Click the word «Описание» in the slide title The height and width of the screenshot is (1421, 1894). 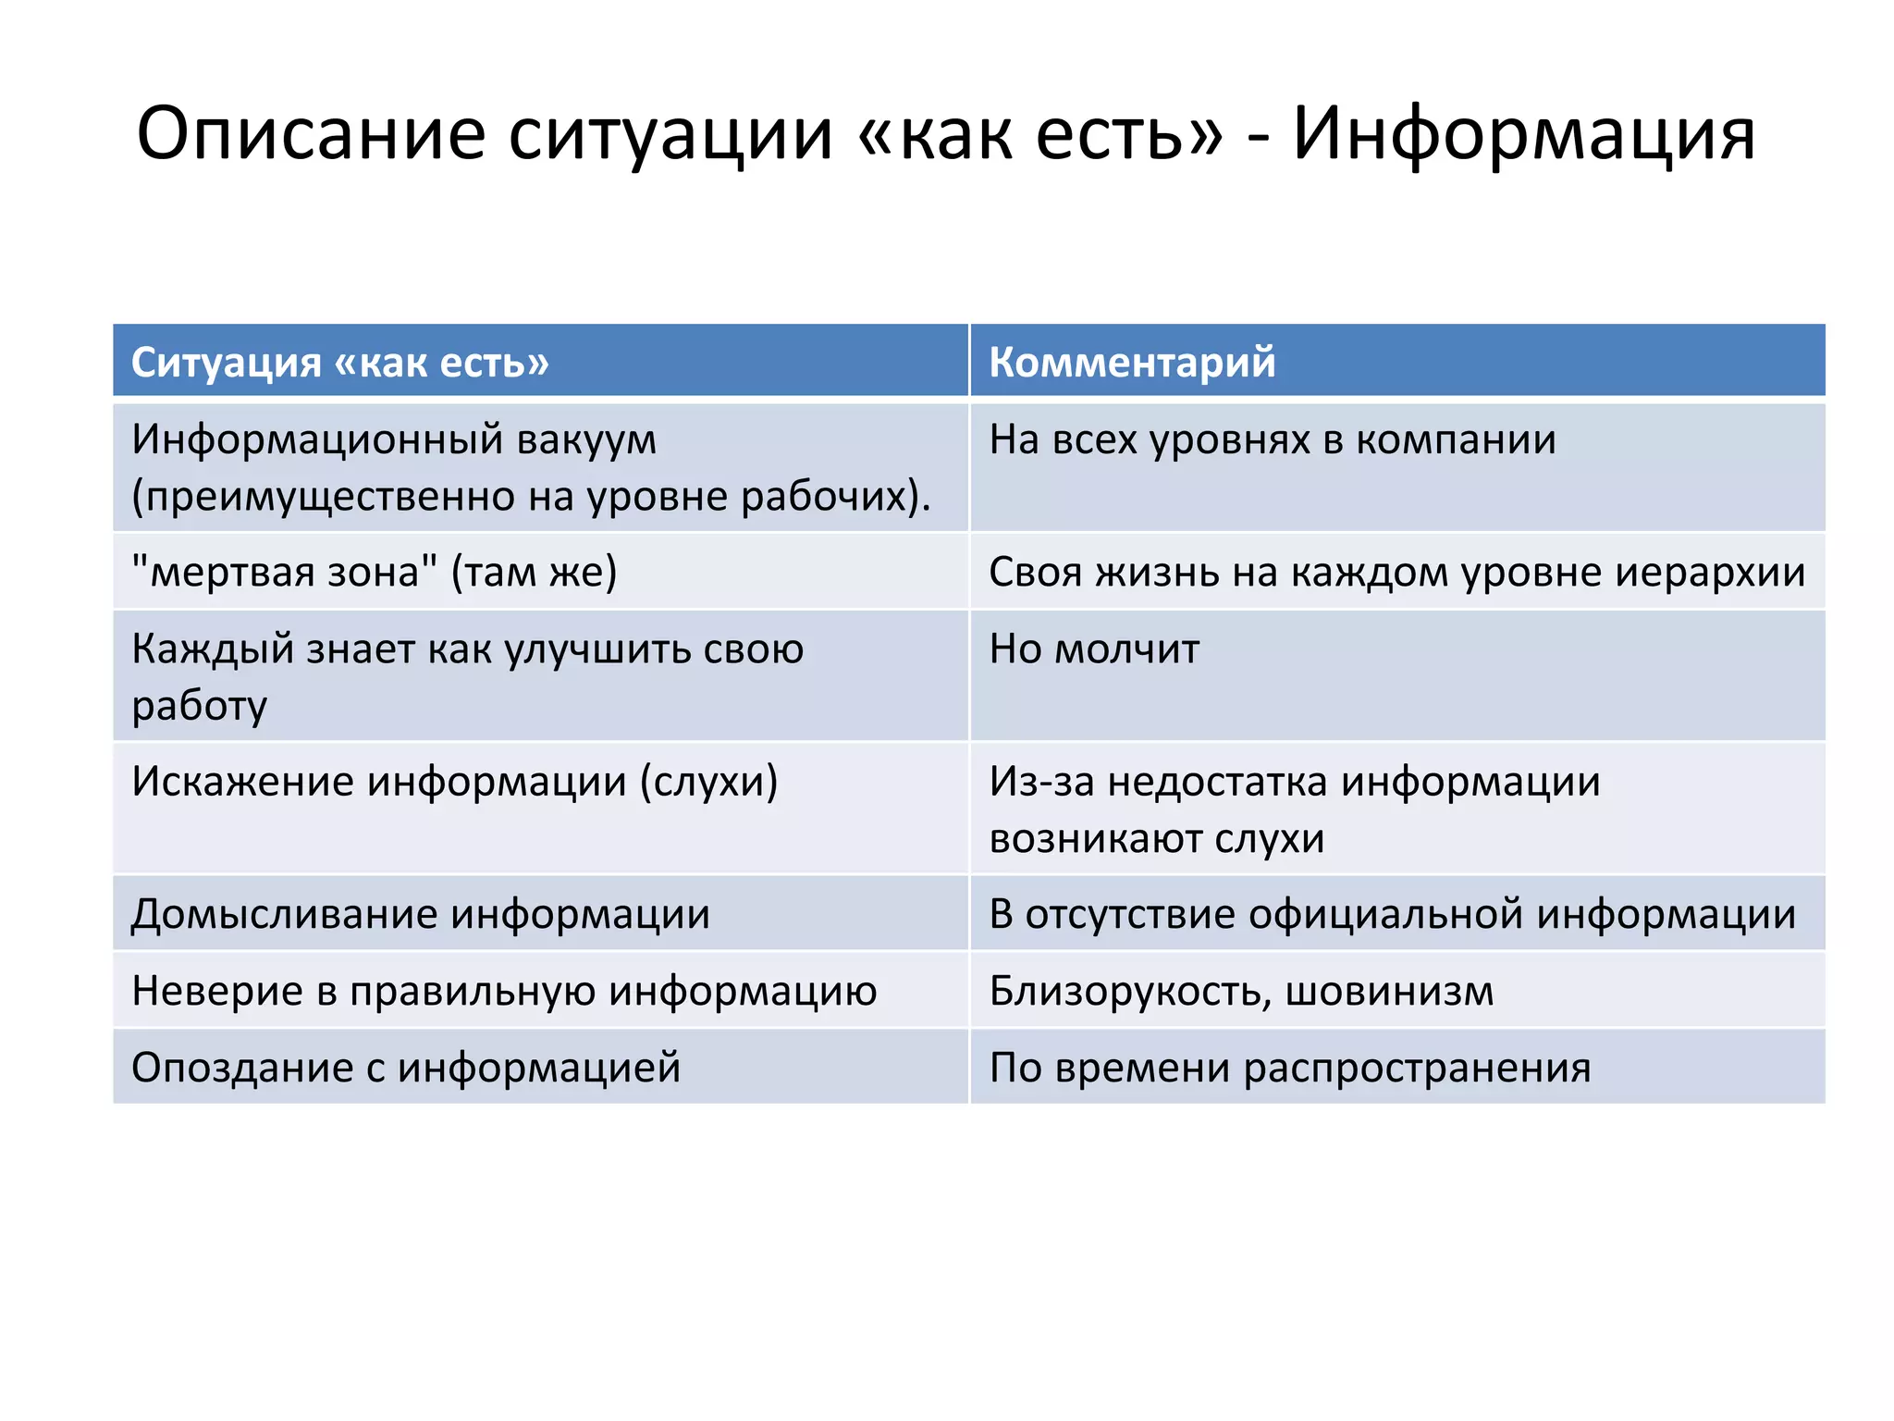(x=311, y=135)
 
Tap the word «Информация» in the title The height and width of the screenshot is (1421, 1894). (x=1523, y=135)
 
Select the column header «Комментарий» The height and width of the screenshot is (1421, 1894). (x=1132, y=362)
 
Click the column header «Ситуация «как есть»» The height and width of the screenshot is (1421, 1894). (x=339, y=362)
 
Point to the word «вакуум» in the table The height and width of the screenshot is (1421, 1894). (x=586, y=439)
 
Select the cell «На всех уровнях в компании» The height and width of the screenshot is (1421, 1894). (x=1273, y=439)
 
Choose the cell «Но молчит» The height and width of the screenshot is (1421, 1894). (x=1094, y=649)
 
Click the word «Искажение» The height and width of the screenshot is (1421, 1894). (x=242, y=782)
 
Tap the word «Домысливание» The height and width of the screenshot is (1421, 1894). (x=284, y=914)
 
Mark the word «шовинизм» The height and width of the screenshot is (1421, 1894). (x=1389, y=991)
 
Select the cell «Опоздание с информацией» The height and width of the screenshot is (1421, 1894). (x=406, y=1068)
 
